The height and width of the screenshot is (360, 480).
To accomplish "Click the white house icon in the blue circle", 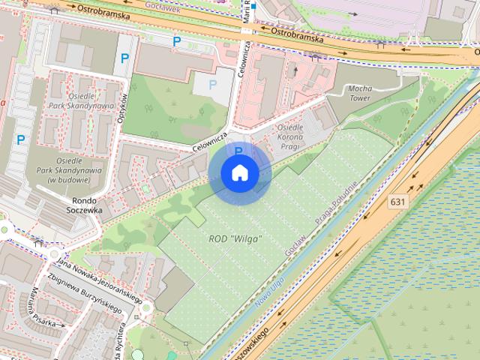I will [x=239, y=173].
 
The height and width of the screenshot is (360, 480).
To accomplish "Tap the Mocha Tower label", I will [x=348, y=93].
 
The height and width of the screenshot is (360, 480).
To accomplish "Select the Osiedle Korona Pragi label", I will [x=289, y=138].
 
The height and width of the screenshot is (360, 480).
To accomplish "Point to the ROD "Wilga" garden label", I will [x=235, y=238].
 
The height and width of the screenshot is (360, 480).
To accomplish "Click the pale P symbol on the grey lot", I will [x=214, y=85].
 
